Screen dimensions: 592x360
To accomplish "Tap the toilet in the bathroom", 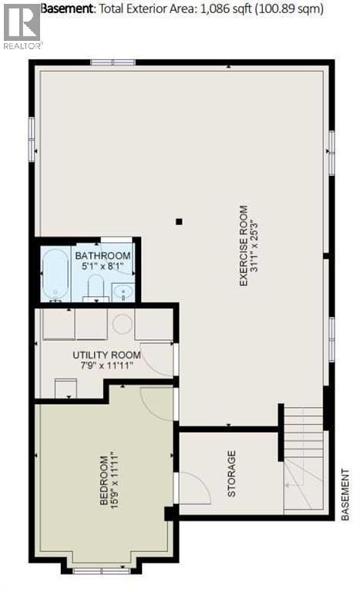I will click(96, 288).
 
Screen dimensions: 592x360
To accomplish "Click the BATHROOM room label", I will click(103, 257).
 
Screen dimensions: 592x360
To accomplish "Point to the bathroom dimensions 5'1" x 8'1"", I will click(103, 268).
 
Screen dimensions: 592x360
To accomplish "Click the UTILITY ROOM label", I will click(106, 355).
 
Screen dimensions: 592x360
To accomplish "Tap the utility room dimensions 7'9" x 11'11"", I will click(106, 366).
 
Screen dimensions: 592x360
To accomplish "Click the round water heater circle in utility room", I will click(123, 324).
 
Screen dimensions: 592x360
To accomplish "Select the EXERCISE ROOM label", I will click(243, 245).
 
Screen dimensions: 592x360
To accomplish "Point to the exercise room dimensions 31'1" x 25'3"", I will click(256, 245).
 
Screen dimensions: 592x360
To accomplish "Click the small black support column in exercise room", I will click(179, 222).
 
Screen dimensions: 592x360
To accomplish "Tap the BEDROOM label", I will click(103, 481).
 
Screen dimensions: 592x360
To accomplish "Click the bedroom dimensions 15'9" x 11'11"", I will click(116, 481).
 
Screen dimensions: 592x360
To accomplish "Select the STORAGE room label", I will click(231, 473).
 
